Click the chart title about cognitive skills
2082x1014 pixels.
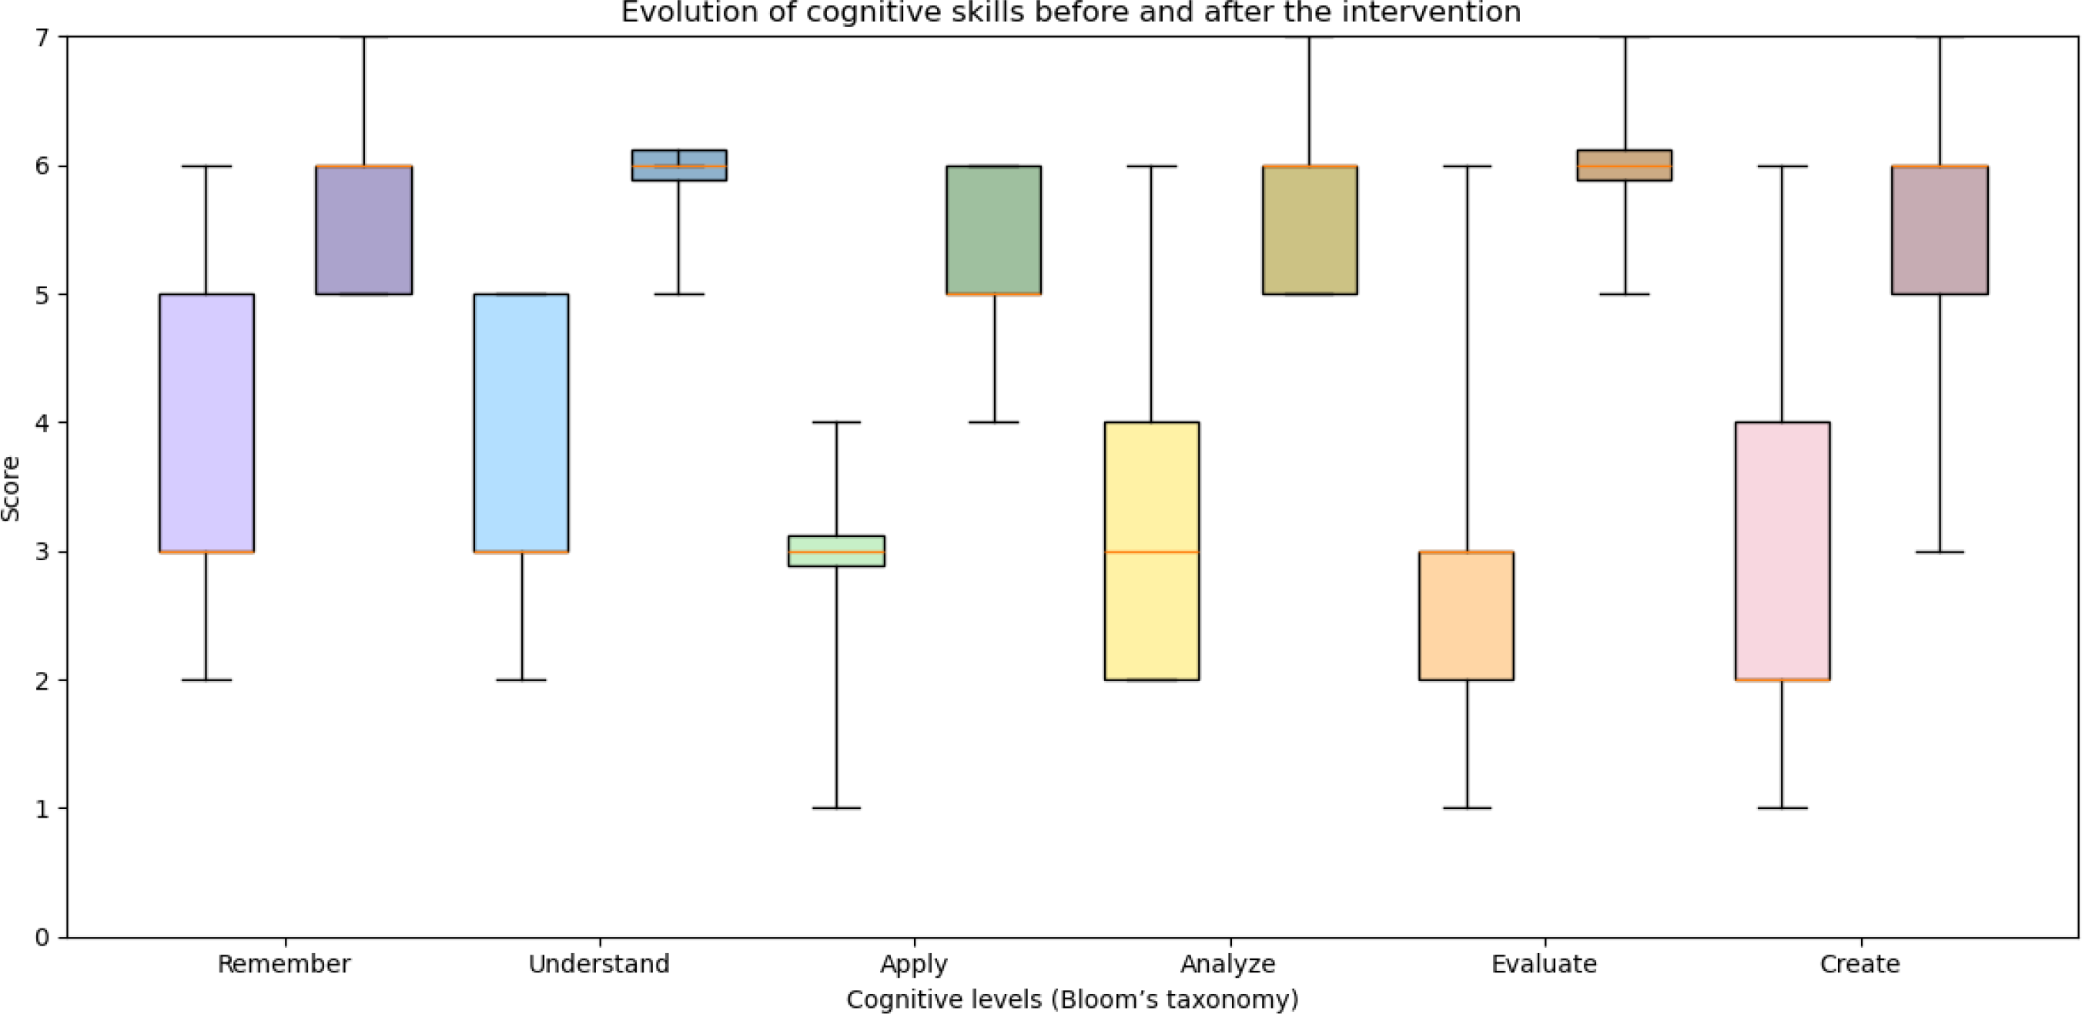1071,12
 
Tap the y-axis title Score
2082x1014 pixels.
11,489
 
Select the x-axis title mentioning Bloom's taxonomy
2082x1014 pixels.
1073,999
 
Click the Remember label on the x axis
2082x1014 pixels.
284,964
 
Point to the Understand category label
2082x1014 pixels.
599,964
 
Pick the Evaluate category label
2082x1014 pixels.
1545,964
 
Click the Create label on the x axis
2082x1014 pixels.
1859,964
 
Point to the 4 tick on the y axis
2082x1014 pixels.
42,423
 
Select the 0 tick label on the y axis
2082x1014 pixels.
42,937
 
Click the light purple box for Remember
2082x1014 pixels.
207,423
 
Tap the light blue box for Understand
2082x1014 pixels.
521,423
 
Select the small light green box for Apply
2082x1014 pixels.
836,551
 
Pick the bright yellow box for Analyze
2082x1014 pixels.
1152,551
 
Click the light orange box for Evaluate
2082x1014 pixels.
1466,616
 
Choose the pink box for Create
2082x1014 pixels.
1782,551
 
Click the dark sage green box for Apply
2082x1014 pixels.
994,230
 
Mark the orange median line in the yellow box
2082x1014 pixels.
1152,552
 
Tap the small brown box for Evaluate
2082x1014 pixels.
1625,165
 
